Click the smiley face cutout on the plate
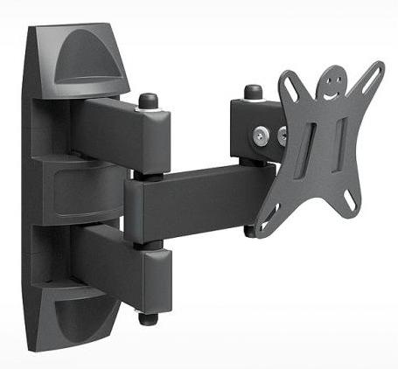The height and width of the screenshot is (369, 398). (329, 85)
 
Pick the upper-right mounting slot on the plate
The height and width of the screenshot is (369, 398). (375, 73)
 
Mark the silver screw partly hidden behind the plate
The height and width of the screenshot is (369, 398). (282, 136)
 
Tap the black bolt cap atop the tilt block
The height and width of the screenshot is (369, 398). (254, 91)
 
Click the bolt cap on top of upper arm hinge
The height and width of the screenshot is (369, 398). (149, 100)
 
